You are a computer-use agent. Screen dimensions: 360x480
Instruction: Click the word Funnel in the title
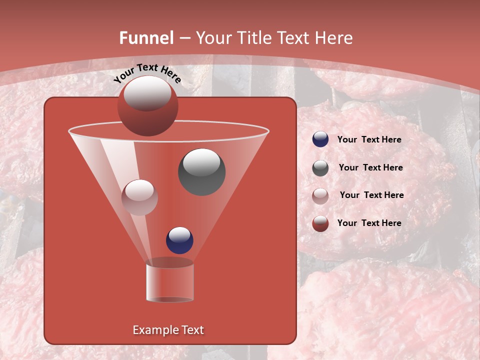point(146,38)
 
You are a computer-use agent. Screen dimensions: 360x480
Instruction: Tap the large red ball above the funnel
point(147,107)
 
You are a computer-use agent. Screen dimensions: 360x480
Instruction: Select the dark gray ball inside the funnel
point(201,172)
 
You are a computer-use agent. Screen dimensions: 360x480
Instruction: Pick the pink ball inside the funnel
point(139,197)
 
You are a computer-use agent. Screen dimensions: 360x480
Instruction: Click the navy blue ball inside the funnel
point(179,240)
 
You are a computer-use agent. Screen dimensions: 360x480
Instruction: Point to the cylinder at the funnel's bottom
point(169,282)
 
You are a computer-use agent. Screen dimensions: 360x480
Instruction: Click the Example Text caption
point(168,330)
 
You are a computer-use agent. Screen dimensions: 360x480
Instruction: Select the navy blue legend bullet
point(320,139)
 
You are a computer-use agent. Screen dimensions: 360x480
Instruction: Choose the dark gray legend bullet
point(320,168)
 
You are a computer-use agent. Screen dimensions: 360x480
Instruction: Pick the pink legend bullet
point(320,195)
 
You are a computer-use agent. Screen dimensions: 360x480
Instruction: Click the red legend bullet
point(320,223)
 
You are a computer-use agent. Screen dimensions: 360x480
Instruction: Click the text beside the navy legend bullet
point(369,140)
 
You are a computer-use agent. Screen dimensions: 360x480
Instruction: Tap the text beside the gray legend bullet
point(370,168)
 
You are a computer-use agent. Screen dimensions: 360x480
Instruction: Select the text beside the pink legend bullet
point(371,195)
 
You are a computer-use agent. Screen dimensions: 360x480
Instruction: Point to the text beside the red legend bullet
point(369,223)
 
